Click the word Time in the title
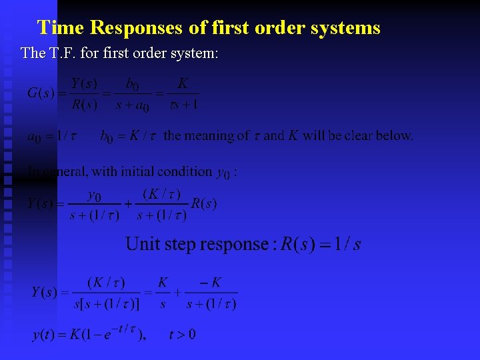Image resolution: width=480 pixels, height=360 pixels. coord(60,27)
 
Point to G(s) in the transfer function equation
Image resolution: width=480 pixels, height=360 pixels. coord(41,93)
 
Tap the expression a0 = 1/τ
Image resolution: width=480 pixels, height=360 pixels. coord(51,136)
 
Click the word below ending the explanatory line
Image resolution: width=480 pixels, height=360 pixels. coord(395,135)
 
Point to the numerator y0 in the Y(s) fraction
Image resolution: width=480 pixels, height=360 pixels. coord(95,195)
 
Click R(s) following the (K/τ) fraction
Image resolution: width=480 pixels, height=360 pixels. coord(203,203)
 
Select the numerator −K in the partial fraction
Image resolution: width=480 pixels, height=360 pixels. coord(211,283)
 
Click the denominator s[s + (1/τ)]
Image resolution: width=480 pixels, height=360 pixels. coord(106,304)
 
